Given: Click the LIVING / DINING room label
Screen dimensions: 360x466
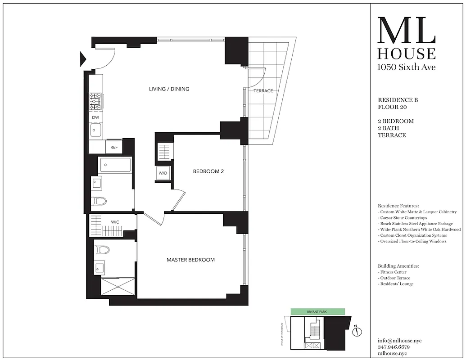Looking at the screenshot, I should point(169,89).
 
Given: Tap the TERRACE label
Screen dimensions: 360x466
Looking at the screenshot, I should point(263,91).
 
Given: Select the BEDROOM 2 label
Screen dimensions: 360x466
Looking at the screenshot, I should point(208,171).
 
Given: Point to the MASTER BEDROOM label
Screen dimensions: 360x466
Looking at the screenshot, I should point(190,260).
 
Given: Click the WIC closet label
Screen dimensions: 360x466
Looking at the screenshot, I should point(115,222).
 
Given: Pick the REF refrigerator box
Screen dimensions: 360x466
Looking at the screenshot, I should point(114,147).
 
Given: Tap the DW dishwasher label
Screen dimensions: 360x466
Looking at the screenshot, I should point(95,117).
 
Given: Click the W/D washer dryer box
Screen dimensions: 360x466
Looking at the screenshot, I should point(163,173).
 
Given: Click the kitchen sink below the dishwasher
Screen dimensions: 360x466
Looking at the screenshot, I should point(95,131).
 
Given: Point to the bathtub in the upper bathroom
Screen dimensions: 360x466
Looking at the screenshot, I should point(115,165).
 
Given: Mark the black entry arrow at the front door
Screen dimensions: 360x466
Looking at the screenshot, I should point(83,58).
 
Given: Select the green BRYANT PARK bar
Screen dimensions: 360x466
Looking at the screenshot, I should point(317,311).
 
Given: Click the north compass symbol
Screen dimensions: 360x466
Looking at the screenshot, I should point(358,332).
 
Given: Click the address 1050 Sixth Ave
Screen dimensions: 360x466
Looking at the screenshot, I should point(406,67).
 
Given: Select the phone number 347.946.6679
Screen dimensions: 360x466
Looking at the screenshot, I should point(394,347).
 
